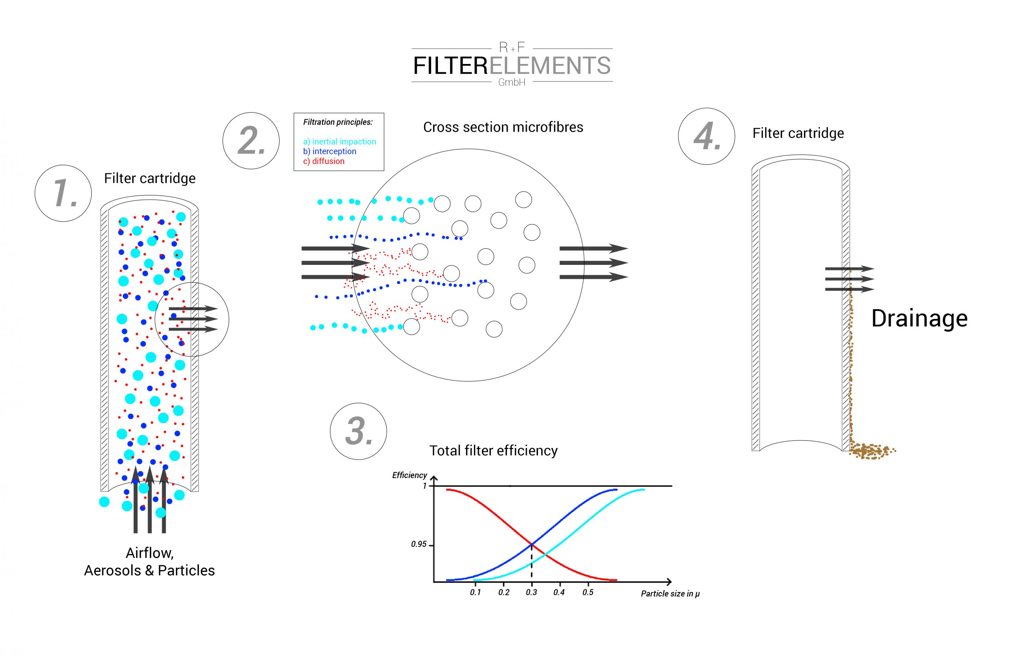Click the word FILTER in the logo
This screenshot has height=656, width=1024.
tap(451, 66)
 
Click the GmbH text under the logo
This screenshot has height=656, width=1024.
tap(512, 82)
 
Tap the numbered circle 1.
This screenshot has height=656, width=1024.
tap(64, 193)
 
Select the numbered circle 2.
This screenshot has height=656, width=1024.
tap(251, 140)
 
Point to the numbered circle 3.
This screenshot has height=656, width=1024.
tap(358, 431)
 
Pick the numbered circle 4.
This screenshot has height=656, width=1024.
tap(706, 136)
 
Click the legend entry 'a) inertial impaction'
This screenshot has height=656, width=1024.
tap(340, 142)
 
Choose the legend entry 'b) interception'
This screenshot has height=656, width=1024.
tap(330, 151)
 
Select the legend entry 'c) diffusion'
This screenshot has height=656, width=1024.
tap(324, 161)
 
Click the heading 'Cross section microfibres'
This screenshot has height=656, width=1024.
tap(503, 127)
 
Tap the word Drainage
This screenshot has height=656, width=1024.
tap(919, 318)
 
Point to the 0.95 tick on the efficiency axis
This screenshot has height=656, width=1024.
tap(419, 544)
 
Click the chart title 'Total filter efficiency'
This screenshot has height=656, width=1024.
tap(493, 451)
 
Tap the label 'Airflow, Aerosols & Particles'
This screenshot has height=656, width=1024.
tap(150, 562)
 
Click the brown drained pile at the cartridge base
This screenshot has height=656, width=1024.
tap(871, 451)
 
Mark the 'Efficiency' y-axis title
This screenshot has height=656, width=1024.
tap(409, 475)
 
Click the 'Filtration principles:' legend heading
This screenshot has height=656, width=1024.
tap(338, 122)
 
